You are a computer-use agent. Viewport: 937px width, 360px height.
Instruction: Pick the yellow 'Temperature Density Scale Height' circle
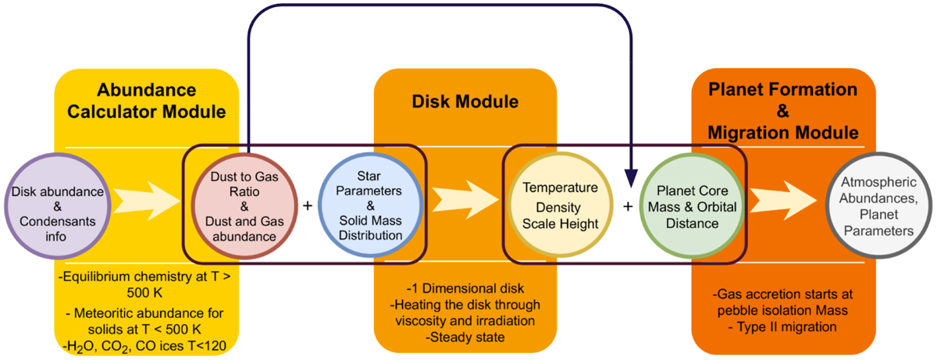(x=560, y=205)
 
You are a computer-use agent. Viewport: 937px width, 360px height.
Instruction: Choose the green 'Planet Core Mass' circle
(x=689, y=205)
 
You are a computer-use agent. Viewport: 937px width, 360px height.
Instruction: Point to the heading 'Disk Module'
(x=465, y=102)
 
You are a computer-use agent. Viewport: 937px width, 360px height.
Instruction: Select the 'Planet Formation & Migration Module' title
(x=784, y=111)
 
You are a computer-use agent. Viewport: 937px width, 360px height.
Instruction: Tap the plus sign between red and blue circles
(x=307, y=206)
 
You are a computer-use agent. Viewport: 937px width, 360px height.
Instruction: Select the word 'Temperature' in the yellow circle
(x=560, y=188)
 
